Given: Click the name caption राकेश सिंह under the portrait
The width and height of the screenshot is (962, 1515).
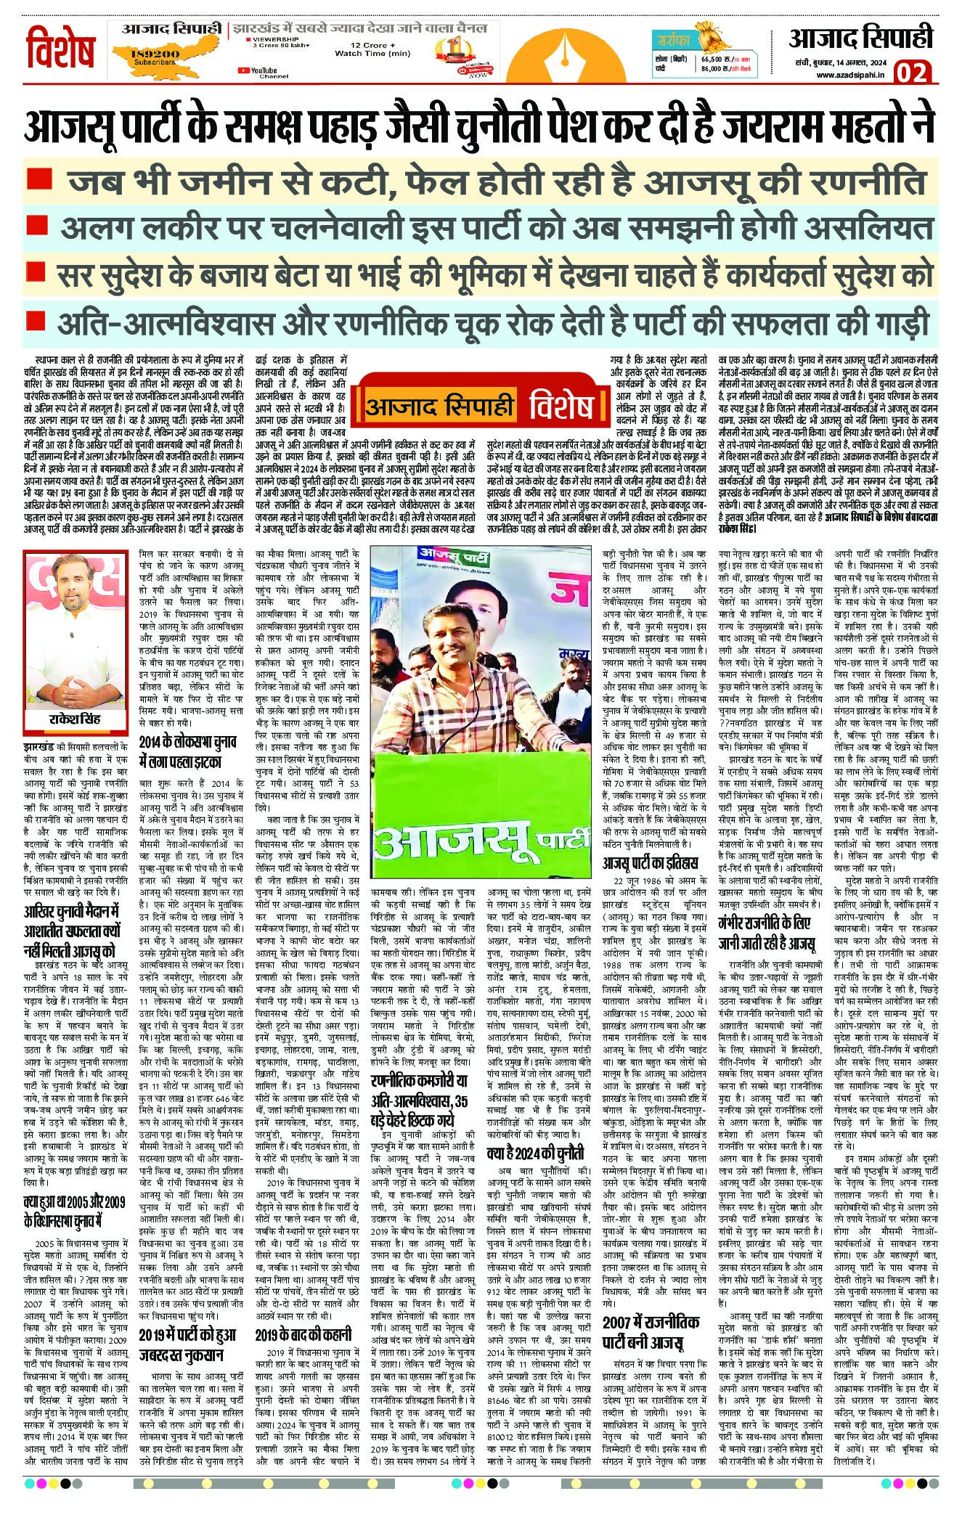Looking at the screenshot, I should pyautogui.click(x=75, y=719).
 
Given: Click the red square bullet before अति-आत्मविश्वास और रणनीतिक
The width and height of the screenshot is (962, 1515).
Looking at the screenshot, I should pyautogui.click(x=32, y=320).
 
